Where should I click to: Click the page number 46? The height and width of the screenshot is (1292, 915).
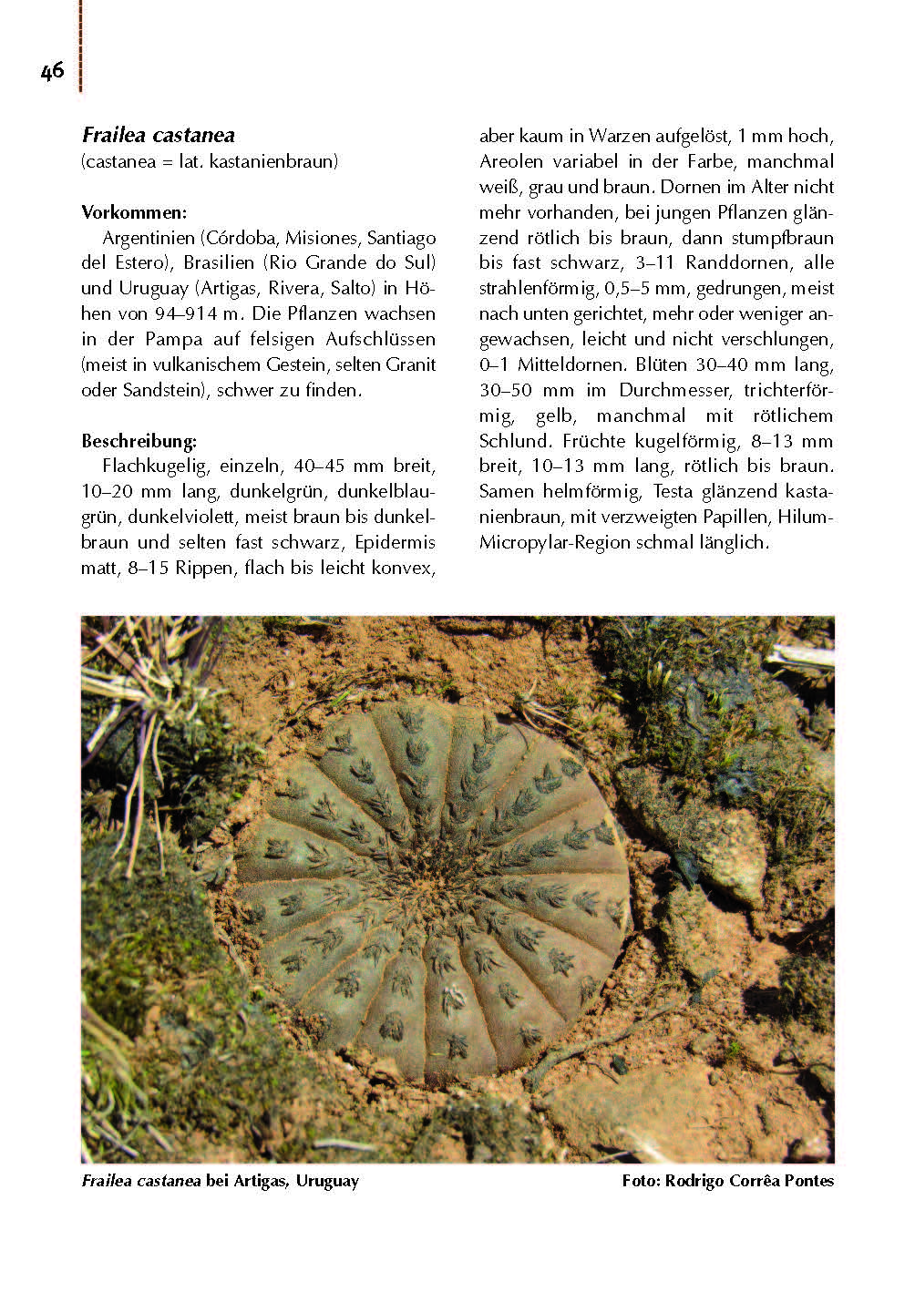click(x=52, y=71)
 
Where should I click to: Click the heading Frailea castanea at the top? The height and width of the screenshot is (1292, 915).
click(x=158, y=136)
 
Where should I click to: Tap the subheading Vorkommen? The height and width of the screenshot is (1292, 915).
click(x=133, y=212)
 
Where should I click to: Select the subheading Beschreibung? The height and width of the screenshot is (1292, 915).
click(x=139, y=442)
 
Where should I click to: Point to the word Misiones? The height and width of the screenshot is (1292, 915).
click(x=322, y=238)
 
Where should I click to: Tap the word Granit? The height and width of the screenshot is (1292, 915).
click(x=408, y=364)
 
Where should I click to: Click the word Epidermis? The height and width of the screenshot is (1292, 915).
click(x=396, y=542)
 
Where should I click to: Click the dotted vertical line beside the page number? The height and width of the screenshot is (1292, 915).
click(x=80, y=46)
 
